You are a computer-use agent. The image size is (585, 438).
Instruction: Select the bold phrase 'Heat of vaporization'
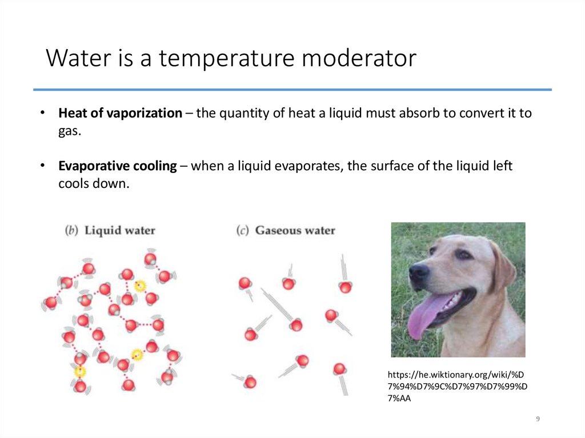tap(119, 113)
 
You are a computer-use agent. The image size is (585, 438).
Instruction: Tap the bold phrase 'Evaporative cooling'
tap(117, 166)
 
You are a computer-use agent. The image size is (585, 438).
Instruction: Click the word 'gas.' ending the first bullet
tap(70, 131)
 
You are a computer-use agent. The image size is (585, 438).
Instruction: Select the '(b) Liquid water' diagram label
tap(110, 231)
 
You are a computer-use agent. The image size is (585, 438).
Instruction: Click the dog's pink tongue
tap(424, 316)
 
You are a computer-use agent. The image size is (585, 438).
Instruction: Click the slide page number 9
tap(538, 420)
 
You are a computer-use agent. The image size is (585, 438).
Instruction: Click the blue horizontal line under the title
tap(292, 90)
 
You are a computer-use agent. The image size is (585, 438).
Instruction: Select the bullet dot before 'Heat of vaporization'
tap(43, 113)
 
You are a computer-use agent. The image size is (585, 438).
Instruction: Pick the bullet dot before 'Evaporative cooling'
tap(43, 166)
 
